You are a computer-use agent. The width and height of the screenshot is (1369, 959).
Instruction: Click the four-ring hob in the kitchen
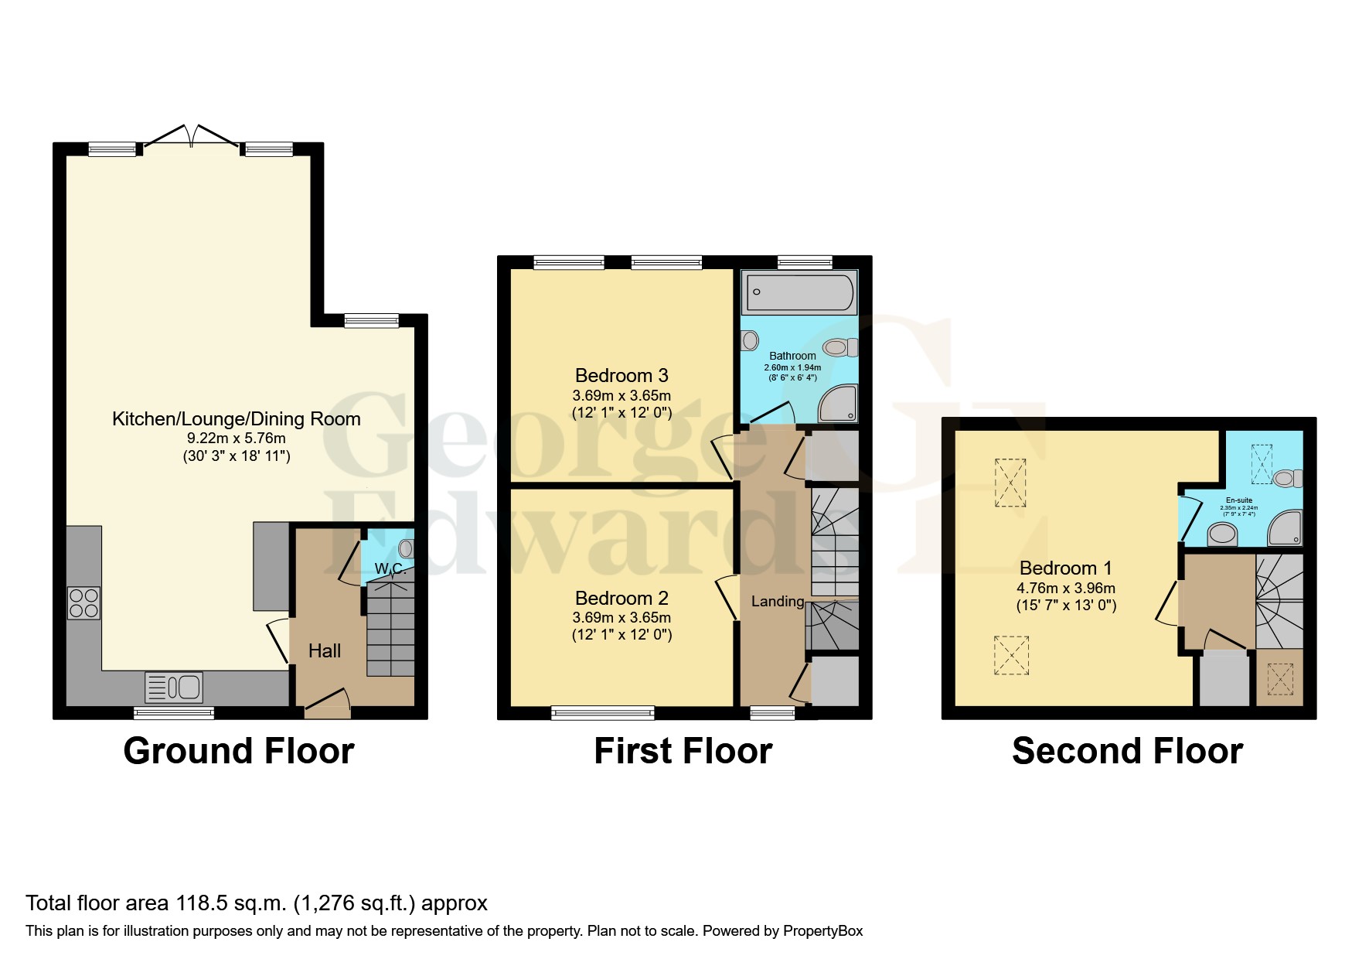(x=83, y=603)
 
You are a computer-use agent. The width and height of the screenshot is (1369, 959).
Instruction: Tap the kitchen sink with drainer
(x=174, y=687)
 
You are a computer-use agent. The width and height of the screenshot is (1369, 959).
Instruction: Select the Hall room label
(x=325, y=651)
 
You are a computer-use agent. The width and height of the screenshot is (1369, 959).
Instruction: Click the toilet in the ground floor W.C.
(x=406, y=549)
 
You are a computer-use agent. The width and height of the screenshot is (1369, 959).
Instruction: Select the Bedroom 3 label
(x=621, y=376)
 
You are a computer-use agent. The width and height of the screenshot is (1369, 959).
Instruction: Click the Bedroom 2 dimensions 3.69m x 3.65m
(x=621, y=617)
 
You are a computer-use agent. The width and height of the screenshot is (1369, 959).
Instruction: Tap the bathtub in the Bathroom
(x=799, y=293)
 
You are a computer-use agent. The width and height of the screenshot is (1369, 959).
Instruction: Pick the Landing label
(x=778, y=601)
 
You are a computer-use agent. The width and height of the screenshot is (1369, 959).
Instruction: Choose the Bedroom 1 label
(x=1065, y=568)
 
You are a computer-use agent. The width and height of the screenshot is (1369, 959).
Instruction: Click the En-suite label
(x=1238, y=500)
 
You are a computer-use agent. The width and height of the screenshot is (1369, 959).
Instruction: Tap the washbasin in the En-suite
(x=1221, y=533)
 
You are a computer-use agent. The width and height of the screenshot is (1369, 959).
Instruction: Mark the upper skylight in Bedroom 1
(x=1010, y=483)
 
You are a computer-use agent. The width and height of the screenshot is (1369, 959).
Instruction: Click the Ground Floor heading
(x=239, y=751)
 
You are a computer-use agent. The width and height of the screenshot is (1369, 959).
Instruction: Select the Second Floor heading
(x=1127, y=751)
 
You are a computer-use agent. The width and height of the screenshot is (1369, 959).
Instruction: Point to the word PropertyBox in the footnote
(x=822, y=931)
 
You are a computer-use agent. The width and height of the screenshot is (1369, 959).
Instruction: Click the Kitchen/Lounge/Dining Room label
(x=237, y=419)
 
